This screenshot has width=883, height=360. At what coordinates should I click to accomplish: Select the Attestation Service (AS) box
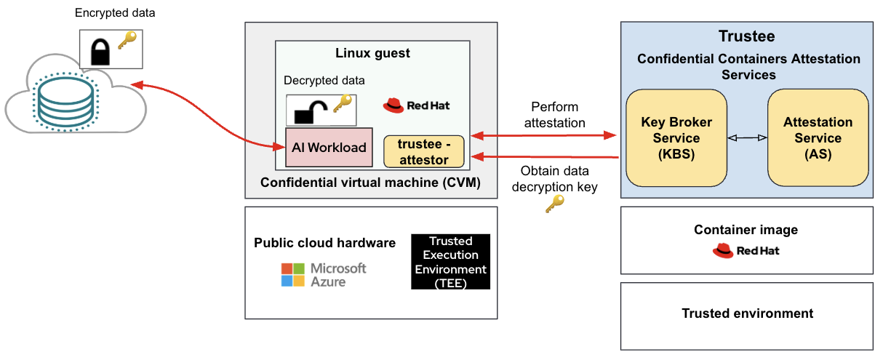pyautogui.click(x=818, y=137)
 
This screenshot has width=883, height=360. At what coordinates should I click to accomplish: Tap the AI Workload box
pyautogui.click(x=329, y=148)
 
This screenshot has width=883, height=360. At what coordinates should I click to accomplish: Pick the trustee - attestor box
pyautogui.click(x=423, y=151)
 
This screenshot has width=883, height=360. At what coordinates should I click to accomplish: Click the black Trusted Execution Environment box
pyautogui.click(x=450, y=262)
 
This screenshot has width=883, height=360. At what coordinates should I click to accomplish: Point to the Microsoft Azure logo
pyautogui.click(x=324, y=275)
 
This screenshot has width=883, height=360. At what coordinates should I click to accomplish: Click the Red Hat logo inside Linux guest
pyautogui.click(x=416, y=105)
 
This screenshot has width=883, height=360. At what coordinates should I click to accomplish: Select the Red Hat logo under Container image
pyautogui.click(x=746, y=251)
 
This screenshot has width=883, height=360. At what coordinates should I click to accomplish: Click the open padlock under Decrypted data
pyautogui.click(x=308, y=111)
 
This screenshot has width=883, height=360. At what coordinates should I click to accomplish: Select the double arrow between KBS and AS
pyautogui.click(x=748, y=137)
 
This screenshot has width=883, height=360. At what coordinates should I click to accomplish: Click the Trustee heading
pyautogui.click(x=746, y=36)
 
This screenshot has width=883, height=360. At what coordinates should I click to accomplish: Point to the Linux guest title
pyautogui.click(x=372, y=53)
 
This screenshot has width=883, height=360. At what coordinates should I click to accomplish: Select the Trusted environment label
pyautogui.click(x=747, y=313)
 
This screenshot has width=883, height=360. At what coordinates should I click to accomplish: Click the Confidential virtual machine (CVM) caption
pyautogui.click(x=370, y=183)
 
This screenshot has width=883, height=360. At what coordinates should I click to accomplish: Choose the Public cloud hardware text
pyautogui.click(x=324, y=243)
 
